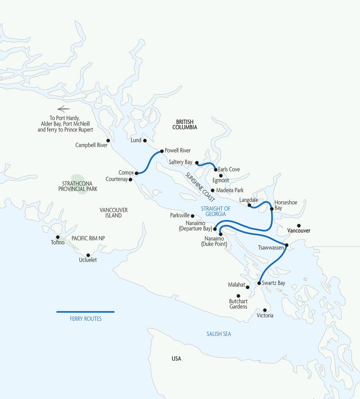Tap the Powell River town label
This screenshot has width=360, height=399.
[x=178, y=150]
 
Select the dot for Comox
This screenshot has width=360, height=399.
[x=136, y=173]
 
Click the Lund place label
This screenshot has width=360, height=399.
[x=135, y=141]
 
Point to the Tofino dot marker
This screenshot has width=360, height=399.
[x=58, y=237]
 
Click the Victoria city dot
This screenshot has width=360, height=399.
[x=265, y=310]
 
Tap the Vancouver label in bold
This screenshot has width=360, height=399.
[x=299, y=231]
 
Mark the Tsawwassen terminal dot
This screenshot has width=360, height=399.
[x=287, y=245]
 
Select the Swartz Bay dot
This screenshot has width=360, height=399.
[x=259, y=283]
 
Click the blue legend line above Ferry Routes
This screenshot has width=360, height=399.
[x=85, y=312]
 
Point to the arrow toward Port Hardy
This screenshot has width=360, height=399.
[x=64, y=109]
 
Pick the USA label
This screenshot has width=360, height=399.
[x=176, y=359]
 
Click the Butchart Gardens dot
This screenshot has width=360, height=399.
[x=238, y=296]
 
